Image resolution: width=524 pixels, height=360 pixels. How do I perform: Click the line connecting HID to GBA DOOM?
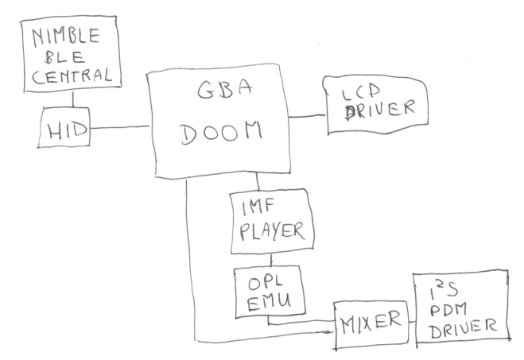click(119, 126)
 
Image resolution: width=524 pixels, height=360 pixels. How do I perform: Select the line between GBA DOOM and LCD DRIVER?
click(306, 117)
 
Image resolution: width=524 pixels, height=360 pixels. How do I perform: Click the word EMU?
click(266, 303)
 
